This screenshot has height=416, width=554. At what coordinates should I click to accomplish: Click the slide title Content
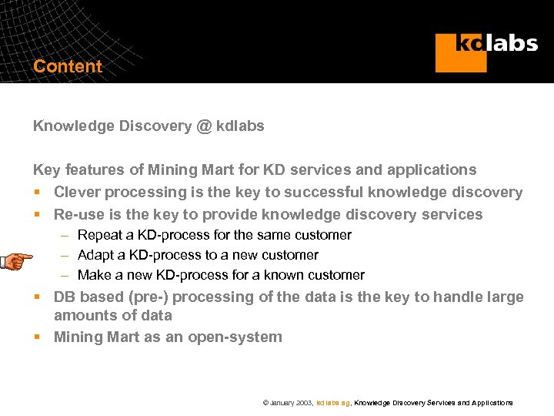click(68, 66)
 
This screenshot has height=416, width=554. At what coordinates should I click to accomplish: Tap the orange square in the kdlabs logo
click(460, 53)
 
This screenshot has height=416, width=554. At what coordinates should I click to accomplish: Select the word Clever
click(77, 192)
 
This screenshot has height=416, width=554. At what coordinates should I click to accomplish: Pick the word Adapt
click(97, 255)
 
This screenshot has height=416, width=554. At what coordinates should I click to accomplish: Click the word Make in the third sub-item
click(95, 275)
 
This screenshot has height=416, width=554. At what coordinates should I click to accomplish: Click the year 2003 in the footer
click(303, 403)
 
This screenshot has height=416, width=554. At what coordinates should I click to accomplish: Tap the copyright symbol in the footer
click(265, 403)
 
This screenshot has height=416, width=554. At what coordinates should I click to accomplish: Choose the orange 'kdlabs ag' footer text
click(333, 403)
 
